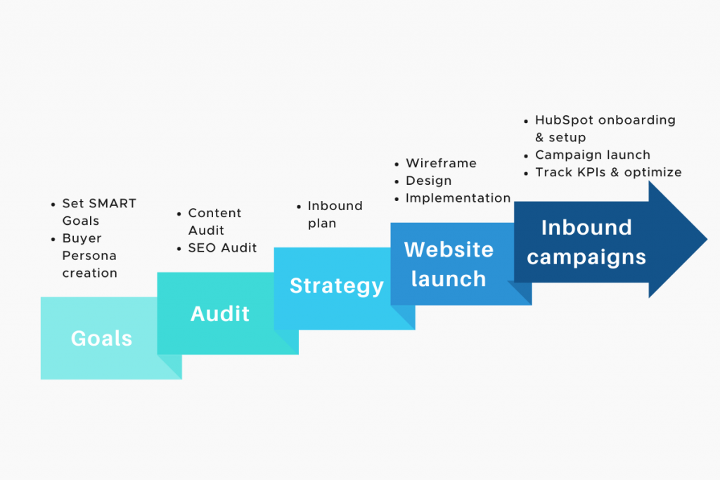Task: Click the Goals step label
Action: [x=101, y=339]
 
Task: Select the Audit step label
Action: [x=219, y=313]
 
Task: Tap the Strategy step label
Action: [x=337, y=286]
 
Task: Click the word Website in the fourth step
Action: [x=449, y=249]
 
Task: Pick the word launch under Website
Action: [x=449, y=279]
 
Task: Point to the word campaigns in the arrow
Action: [x=586, y=257]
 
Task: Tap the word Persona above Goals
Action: [x=89, y=255]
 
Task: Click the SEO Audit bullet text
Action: [x=222, y=247]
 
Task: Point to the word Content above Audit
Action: [x=214, y=213]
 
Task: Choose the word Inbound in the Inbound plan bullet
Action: [x=335, y=206]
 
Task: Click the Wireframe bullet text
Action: [x=441, y=163]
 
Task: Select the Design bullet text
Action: [x=428, y=181]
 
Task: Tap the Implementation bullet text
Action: [x=458, y=198]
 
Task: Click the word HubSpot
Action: [x=565, y=120]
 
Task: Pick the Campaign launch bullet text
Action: [x=593, y=155]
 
